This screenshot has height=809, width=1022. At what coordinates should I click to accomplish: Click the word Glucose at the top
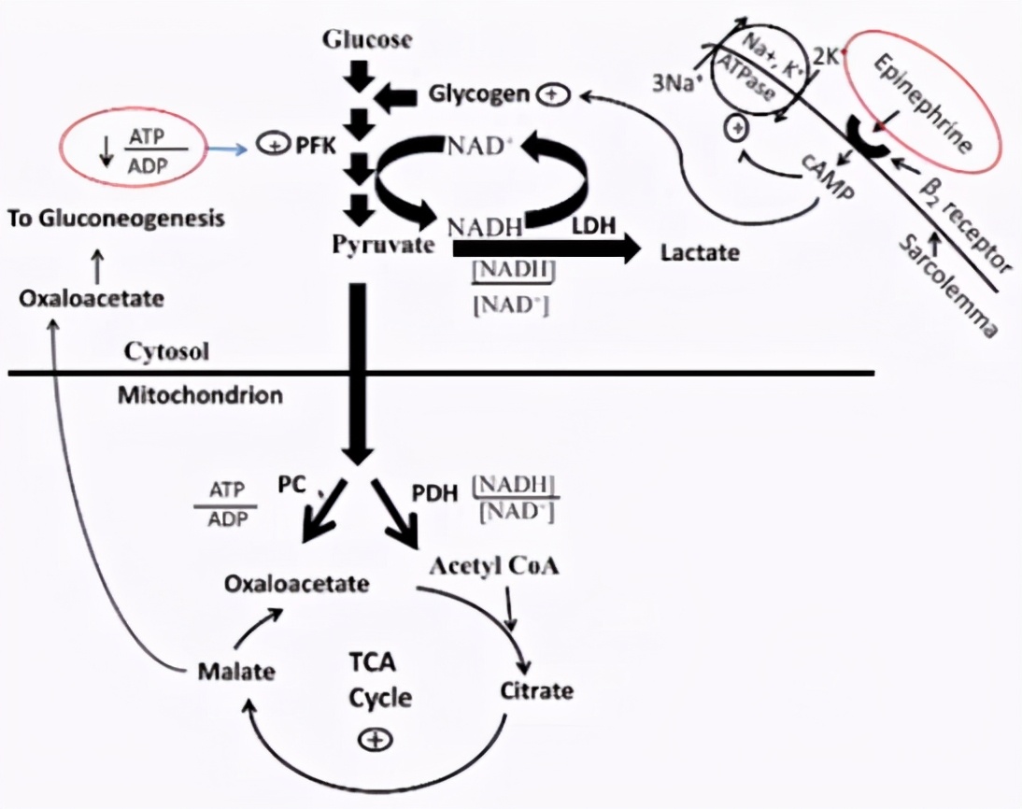coord(366,40)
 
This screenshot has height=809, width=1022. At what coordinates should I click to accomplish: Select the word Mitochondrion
coord(200,395)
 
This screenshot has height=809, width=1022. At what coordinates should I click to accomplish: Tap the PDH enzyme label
coord(435,494)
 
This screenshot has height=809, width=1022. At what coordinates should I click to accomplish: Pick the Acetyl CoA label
coord(494,566)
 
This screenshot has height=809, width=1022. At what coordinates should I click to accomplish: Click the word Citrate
coord(537,692)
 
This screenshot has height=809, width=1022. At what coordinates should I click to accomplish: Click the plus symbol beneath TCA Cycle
coord(374,739)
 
